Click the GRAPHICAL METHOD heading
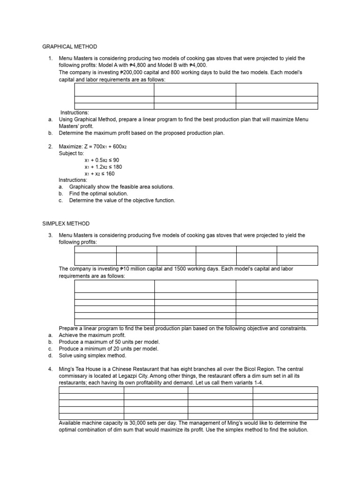tap(70, 46)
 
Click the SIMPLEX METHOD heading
tap(66, 224)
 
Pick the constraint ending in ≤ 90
tap(102, 160)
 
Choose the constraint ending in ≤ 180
tap(103, 167)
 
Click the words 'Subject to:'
tap(71, 153)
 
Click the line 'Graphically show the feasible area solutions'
tap(121, 187)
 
